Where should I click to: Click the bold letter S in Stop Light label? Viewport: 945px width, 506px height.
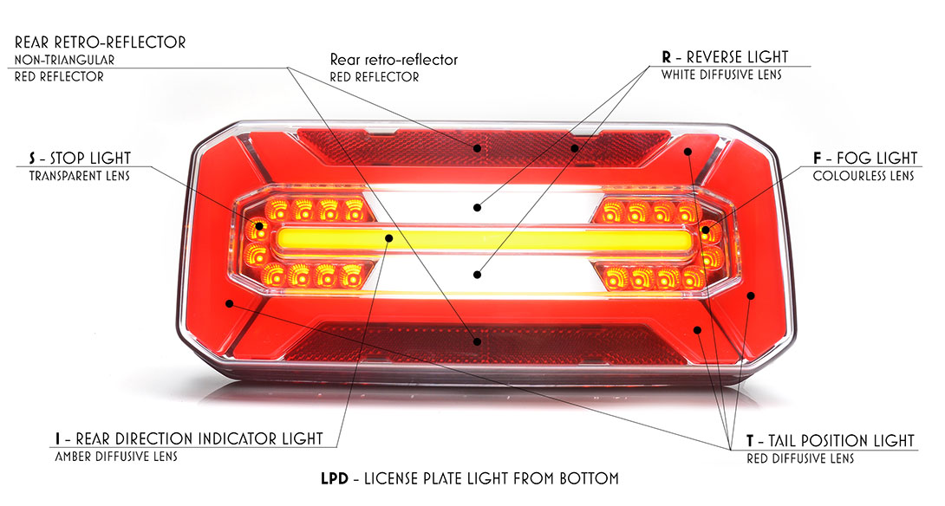point(33,159)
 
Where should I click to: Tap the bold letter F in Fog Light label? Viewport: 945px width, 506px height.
point(818,159)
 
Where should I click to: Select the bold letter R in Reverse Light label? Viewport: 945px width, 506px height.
point(666,57)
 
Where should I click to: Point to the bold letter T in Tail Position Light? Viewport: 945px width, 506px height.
point(750,440)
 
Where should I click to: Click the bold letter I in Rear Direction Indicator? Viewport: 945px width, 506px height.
point(57,439)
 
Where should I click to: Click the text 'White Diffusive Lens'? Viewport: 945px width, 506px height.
point(721,75)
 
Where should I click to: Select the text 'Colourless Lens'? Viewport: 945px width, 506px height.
point(864,176)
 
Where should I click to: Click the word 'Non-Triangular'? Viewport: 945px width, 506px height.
point(64,60)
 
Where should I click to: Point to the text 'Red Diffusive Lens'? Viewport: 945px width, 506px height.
point(800,458)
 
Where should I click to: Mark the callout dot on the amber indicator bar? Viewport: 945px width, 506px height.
point(390,237)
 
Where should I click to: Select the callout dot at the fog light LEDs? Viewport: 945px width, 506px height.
point(706,232)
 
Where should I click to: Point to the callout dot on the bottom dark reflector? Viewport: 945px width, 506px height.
point(476,341)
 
